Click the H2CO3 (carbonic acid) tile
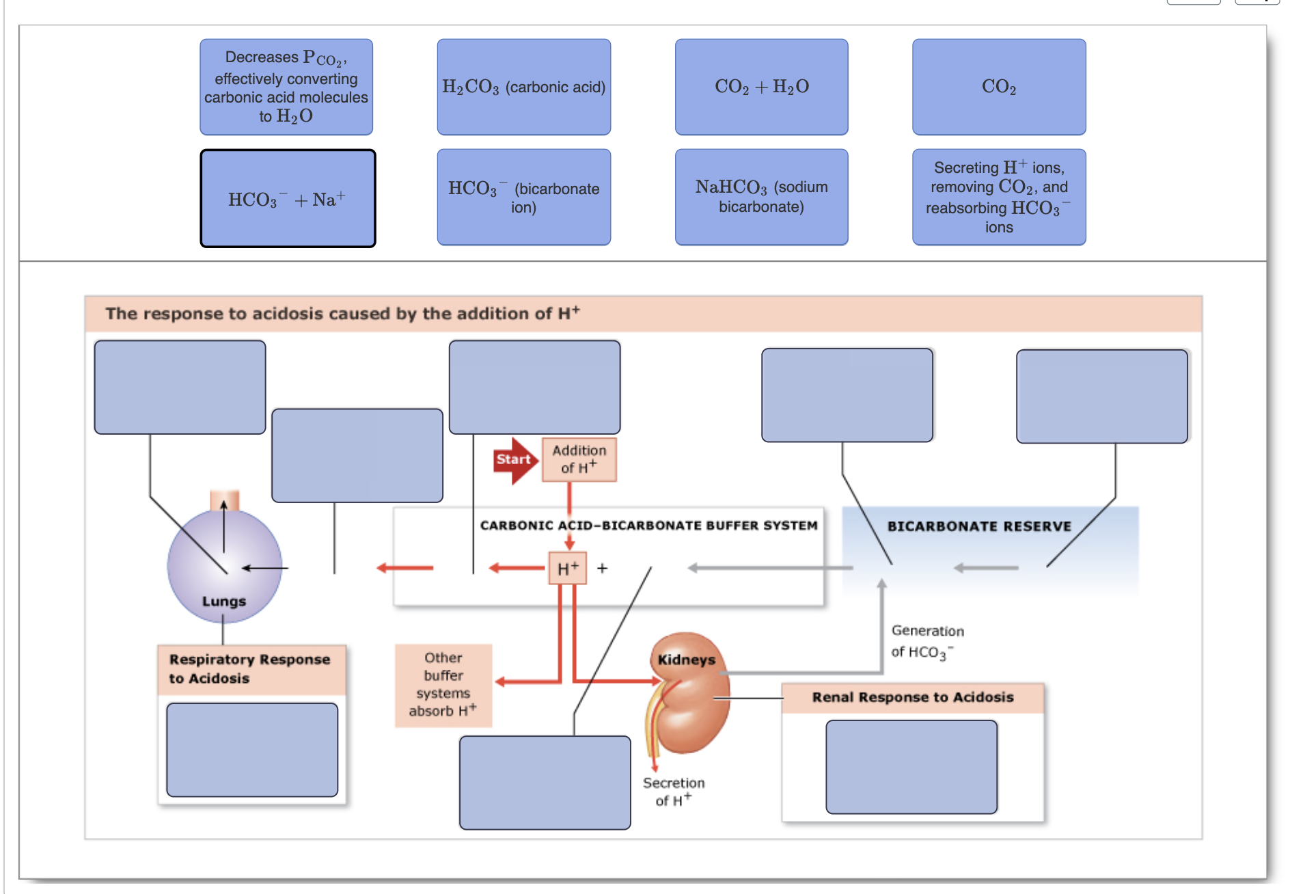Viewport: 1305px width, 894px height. pos(523,87)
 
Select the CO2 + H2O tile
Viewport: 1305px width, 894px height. pos(761,87)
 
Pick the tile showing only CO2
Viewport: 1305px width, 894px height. pos(998,87)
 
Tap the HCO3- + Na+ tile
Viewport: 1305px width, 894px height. pos(288,199)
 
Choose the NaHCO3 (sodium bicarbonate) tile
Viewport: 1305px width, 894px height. pos(761,197)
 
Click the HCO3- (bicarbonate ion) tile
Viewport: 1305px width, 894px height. pos(523,197)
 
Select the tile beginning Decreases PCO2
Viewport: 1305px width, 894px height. pos(286,87)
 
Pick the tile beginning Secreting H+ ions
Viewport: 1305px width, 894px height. pos(998,197)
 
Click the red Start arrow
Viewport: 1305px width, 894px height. pos(514,460)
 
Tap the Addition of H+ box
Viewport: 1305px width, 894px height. pos(579,459)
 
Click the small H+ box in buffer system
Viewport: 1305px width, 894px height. pos(568,568)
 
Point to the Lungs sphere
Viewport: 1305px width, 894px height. pos(224,567)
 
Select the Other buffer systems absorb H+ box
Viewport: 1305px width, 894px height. pos(443,684)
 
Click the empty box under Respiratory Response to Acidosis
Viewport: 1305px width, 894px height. pos(252,750)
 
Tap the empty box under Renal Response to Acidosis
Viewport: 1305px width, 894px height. pos(911,767)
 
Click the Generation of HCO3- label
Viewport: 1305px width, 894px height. pos(926,641)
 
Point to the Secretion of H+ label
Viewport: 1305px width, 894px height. pos(673,791)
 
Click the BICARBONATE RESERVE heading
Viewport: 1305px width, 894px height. pos(978,526)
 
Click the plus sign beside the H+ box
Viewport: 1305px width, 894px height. pos(602,568)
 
